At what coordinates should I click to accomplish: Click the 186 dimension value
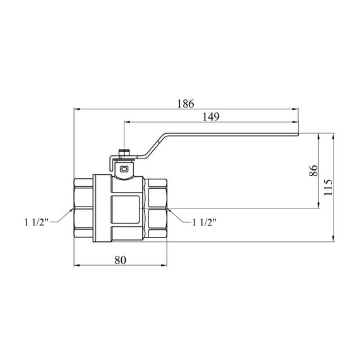pos(186,104)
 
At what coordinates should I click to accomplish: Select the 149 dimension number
pos(211,117)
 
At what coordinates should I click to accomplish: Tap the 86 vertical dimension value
pos(314,171)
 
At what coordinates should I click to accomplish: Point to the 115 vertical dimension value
pos(328,187)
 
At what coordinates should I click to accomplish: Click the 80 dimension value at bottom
pos(120,260)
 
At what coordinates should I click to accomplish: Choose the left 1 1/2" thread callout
pos(37,222)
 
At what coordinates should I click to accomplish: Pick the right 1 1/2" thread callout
pos(204,222)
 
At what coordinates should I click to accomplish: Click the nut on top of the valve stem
pos(124,153)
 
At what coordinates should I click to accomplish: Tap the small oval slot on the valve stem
pos(124,169)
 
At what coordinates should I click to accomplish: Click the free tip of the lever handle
pos(297,135)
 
